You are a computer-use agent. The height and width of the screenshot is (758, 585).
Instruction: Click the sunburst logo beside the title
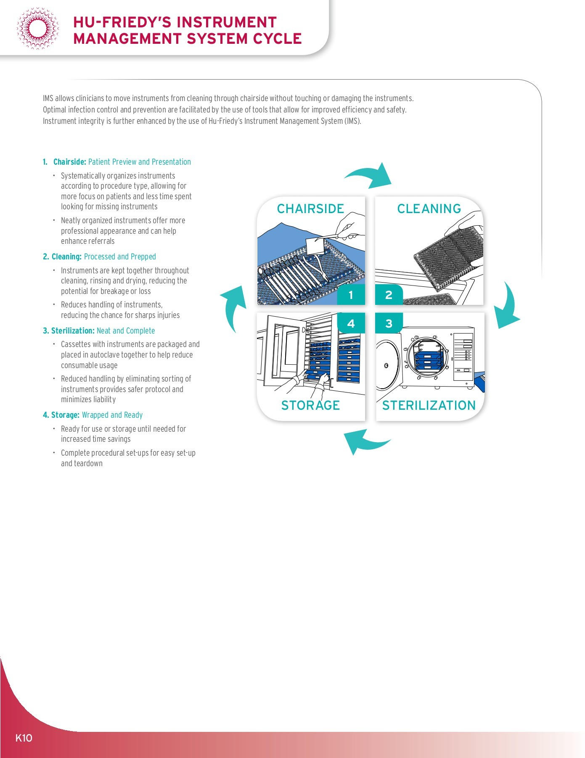[x=37, y=29]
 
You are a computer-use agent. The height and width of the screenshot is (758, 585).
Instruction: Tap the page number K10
[x=24, y=738]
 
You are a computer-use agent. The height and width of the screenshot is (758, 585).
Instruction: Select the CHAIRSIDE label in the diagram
[x=310, y=209]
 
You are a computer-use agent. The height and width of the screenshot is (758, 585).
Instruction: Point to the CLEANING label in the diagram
[x=429, y=209]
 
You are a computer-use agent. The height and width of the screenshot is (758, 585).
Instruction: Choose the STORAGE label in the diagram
[x=310, y=405]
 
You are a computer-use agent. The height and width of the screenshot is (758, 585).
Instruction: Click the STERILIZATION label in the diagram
[x=429, y=405]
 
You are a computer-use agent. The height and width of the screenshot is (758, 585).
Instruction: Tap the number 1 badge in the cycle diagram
[x=351, y=295]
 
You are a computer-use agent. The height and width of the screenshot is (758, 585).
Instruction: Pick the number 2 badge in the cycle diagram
[x=389, y=295]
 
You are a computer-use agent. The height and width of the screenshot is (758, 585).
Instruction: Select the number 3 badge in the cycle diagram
[x=389, y=323]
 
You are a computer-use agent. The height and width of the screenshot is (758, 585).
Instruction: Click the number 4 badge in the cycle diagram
[x=351, y=323]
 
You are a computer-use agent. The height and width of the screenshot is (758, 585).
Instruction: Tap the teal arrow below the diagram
[x=365, y=441]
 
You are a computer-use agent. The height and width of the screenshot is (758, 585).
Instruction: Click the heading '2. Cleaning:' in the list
[x=62, y=257]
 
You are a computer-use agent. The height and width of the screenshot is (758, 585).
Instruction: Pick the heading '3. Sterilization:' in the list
[x=69, y=331]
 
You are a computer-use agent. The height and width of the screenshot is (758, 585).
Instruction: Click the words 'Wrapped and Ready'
[x=112, y=415]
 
